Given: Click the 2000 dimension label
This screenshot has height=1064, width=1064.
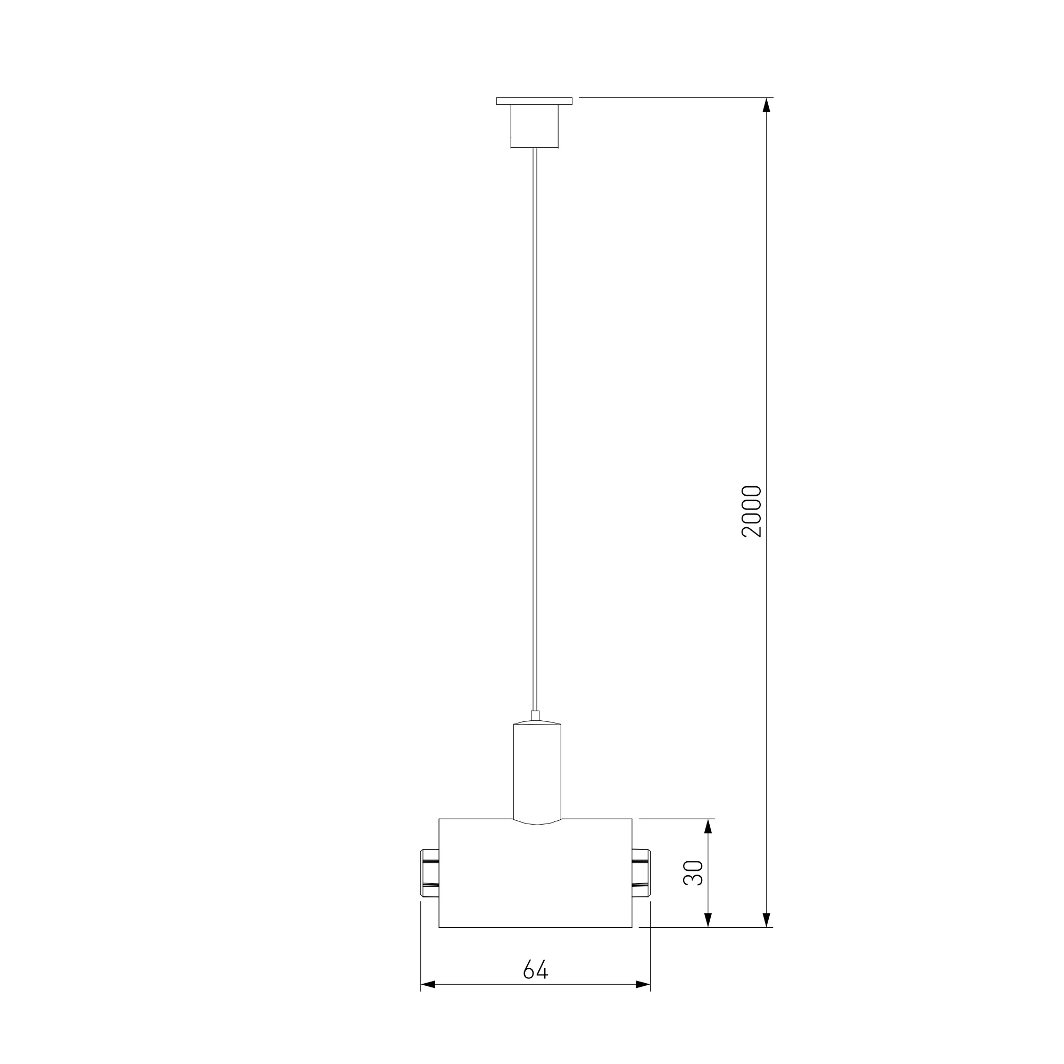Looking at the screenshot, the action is pyautogui.click(x=752, y=511).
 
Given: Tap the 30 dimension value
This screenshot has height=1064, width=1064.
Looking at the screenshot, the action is pyautogui.click(x=693, y=888).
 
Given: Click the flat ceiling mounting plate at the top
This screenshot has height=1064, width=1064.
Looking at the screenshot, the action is pyautogui.click(x=534, y=101).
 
